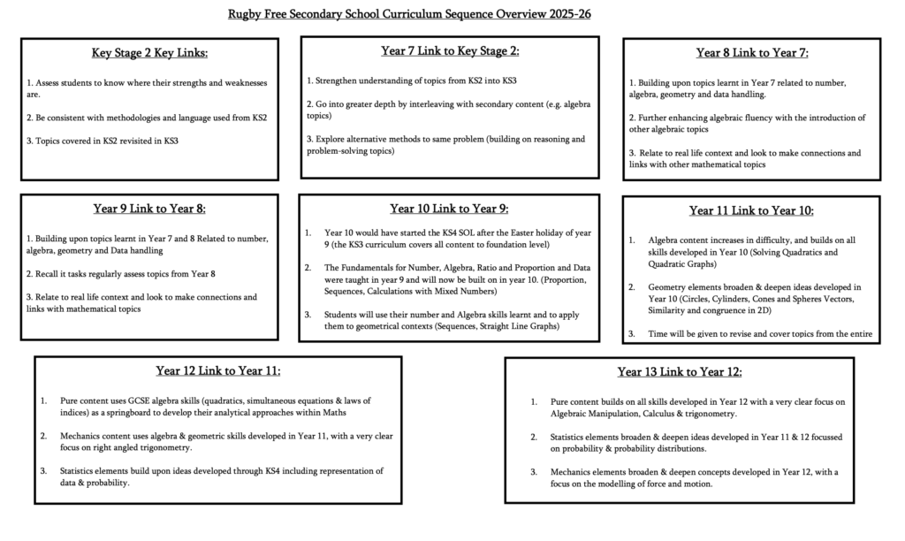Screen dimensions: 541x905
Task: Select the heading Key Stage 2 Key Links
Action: (x=149, y=53)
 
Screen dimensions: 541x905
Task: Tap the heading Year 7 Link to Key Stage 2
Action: (x=450, y=50)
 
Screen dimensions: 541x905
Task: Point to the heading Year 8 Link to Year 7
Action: (x=752, y=52)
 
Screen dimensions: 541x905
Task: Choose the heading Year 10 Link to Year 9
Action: (x=449, y=209)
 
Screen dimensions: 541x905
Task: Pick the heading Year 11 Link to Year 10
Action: (x=751, y=210)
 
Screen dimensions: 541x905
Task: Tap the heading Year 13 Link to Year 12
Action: (x=679, y=371)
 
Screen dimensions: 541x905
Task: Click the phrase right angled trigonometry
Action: (x=141, y=448)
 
